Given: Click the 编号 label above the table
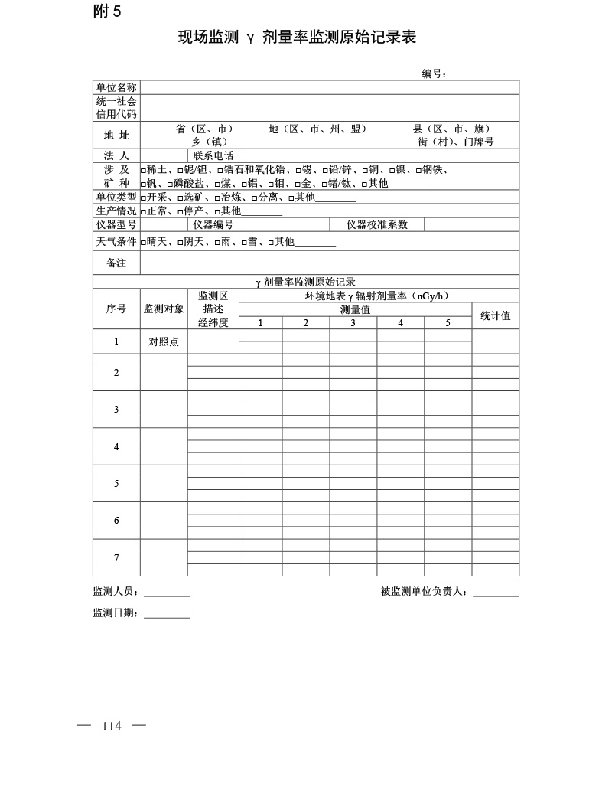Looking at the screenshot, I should click(433, 73).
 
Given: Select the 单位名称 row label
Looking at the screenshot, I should click(116, 87).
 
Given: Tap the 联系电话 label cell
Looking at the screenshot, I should click(213, 155).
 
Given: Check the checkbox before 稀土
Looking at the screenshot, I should click(143, 170).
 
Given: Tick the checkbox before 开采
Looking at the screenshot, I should click(143, 198).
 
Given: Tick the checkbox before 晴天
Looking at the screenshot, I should click(143, 242).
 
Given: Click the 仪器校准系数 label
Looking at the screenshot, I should click(377, 225).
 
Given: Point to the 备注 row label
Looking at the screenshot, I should click(116, 263).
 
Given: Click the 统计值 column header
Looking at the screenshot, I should click(495, 315).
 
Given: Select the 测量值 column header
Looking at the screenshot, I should click(355, 309).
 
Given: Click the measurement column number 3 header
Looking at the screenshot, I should click(353, 323).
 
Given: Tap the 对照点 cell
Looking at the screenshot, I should click(164, 341).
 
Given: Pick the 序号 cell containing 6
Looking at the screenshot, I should click(116, 521).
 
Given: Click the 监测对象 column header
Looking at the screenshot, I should click(164, 309).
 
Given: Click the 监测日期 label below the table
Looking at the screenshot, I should click(116, 612).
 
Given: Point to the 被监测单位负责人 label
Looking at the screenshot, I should click(426, 592).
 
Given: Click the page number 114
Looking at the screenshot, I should click(112, 727).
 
